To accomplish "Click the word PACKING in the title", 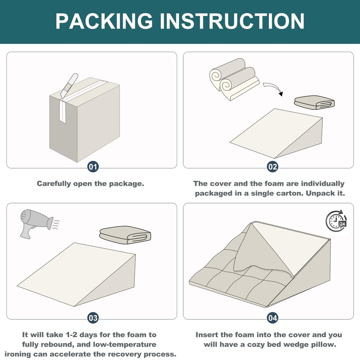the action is click(104, 21).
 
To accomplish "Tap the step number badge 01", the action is click(93, 167).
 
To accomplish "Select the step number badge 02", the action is click(272, 167).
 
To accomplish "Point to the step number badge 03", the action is click(93, 318).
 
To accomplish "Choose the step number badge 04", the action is click(272, 318).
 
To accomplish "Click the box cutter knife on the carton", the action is click(69, 86).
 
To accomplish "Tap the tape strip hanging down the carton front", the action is click(63, 111).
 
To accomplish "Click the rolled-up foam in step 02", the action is click(234, 79).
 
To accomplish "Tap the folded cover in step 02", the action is click(314, 102).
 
